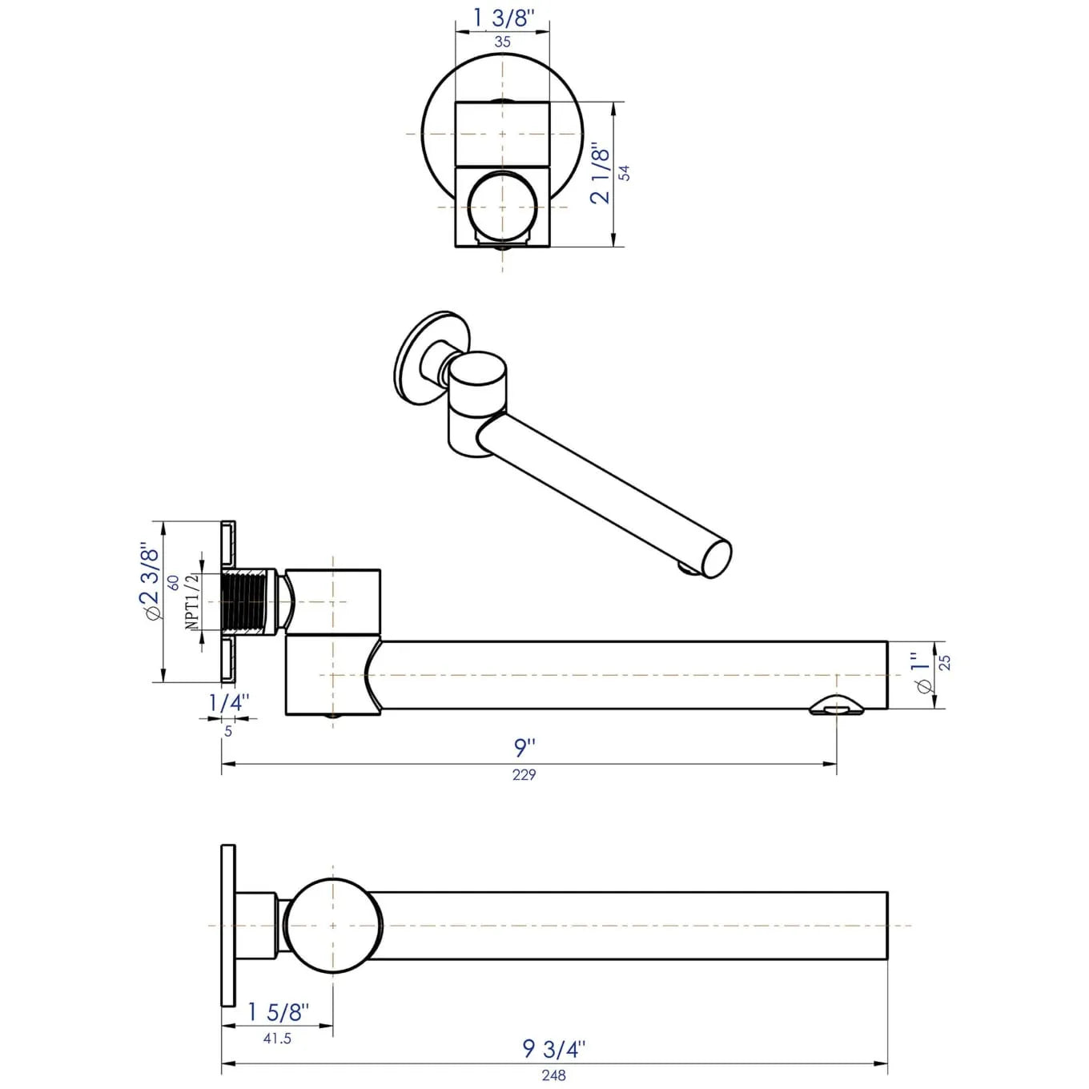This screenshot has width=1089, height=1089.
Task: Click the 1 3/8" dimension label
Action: [x=502, y=18]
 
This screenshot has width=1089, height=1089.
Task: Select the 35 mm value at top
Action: [x=502, y=42]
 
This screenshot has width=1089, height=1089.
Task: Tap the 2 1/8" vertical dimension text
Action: [x=601, y=174]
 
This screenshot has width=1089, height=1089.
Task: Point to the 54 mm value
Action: [x=625, y=173]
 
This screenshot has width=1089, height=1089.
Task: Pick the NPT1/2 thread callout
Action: [x=191, y=601]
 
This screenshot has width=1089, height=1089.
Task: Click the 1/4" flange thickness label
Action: [x=228, y=703]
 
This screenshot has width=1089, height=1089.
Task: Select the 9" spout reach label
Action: [x=524, y=747]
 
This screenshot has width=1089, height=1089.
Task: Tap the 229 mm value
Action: [x=524, y=774]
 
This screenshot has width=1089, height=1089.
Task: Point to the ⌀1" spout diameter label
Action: [x=922, y=673]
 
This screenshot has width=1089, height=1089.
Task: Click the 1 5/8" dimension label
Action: [x=277, y=1012]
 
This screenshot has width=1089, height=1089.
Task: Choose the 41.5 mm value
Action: [x=277, y=1039]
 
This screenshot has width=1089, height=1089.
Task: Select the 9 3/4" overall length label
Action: [x=553, y=1049]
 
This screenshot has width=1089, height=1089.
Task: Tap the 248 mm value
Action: [x=553, y=1075]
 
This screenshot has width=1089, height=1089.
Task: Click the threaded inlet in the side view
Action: [x=247, y=602]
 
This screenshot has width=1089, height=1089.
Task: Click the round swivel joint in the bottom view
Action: [x=333, y=926]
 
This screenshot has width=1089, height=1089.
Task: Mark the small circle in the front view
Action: [x=502, y=207]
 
